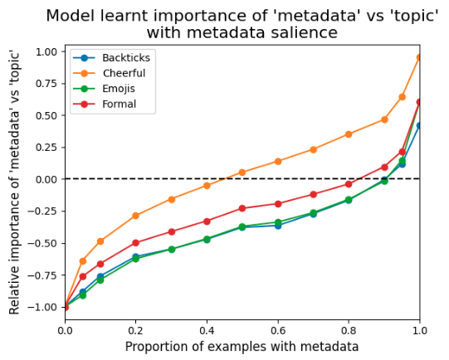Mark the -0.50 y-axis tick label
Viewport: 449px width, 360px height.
44,243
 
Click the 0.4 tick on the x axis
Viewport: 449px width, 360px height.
207,331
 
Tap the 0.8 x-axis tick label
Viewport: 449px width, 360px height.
349,331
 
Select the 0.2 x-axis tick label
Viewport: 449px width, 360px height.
135,331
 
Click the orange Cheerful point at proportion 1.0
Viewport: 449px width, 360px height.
419,57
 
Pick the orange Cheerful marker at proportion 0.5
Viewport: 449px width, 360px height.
242,173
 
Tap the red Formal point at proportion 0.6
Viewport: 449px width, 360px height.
278,204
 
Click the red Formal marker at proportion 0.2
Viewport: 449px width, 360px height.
135,243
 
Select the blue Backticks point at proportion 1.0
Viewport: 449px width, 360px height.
419,126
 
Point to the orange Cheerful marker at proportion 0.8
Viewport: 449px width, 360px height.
349,134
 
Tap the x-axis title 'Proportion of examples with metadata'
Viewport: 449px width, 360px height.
242,347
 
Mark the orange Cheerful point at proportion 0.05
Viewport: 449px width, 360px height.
82,261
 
